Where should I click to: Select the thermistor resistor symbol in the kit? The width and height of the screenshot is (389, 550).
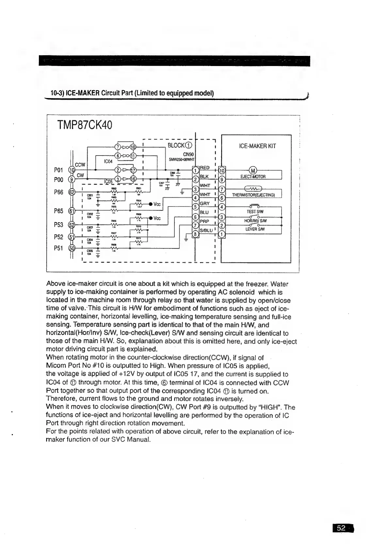[254, 189]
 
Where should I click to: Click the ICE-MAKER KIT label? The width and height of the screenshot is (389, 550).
[257, 146]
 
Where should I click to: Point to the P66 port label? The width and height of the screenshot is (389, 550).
[58, 192]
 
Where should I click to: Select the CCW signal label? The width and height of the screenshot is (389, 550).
[80, 164]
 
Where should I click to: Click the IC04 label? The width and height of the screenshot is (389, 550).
[108, 161]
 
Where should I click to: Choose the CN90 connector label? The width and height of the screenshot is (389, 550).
[188, 154]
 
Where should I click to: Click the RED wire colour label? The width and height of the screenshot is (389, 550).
[204, 168]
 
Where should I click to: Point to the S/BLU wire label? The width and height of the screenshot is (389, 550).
[206, 230]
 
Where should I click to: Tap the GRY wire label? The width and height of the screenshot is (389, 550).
[204, 203]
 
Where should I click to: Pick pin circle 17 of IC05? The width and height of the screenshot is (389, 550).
[133, 170]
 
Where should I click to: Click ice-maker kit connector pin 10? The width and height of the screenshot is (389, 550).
[222, 170]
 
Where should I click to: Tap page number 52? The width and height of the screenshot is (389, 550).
[341, 528]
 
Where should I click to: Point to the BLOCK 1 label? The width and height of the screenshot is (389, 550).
[180, 145]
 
